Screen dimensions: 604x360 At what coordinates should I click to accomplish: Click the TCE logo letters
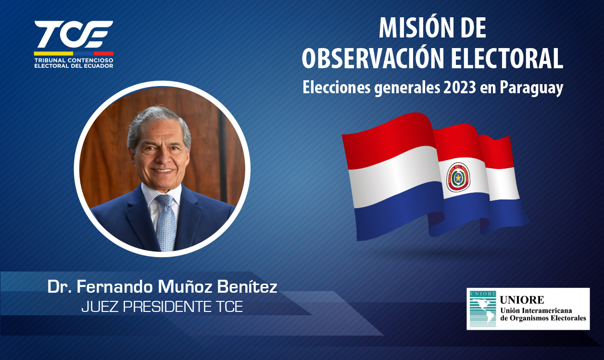[x=74, y=34]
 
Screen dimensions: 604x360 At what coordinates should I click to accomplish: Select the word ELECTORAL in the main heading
[x=507, y=59]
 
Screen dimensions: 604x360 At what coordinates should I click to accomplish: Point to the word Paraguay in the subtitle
[x=531, y=88]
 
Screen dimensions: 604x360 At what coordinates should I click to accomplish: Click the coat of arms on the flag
[x=458, y=177]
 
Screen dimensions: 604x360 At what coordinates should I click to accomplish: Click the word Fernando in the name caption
[x=115, y=287]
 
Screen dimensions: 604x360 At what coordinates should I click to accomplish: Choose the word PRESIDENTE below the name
[x=167, y=307]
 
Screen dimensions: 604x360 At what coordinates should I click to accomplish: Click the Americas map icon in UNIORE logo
[x=483, y=309]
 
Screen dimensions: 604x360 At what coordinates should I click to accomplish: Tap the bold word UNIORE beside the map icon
[x=522, y=299]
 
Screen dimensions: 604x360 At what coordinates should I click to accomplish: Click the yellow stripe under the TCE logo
[x=53, y=53]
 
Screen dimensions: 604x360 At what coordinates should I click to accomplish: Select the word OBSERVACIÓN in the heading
[x=373, y=59]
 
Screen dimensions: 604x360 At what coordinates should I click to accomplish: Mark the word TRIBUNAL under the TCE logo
[x=50, y=61]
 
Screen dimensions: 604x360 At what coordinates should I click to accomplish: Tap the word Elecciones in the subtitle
[x=337, y=87]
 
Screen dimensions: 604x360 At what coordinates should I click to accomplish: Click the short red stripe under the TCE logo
[x=103, y=53]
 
